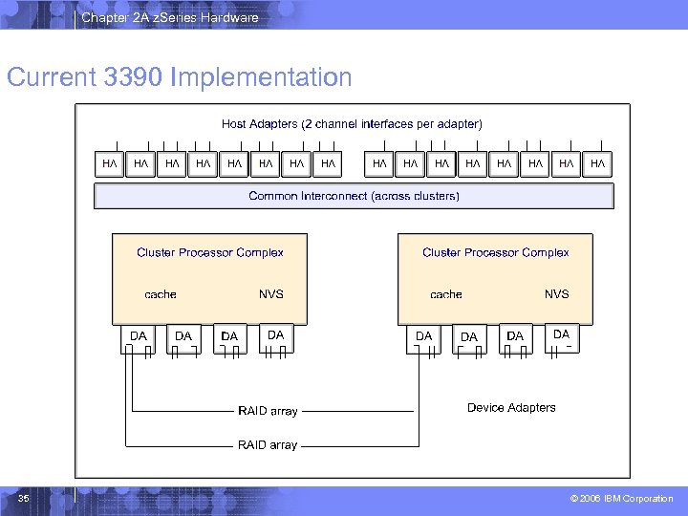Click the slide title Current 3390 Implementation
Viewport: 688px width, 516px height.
(180, 77)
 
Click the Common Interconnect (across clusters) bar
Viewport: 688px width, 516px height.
(354, 196)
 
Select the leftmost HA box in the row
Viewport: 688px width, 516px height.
(110, 164)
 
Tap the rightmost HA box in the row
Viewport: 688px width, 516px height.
(598, 164)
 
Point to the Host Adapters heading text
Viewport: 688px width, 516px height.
(352, 123)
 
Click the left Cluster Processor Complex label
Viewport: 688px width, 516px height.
(210, 252)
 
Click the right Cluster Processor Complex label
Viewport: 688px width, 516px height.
(495, 252)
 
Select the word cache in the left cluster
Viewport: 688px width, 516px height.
(161, 294)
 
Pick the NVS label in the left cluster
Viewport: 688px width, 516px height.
(271, 294)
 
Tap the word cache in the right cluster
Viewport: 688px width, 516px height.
(446, 294)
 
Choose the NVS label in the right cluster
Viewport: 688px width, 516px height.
(557, 294)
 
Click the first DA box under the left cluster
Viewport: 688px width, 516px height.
(139, 336)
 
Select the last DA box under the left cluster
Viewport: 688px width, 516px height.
(275, 335)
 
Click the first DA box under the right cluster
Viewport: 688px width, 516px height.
(423, 336)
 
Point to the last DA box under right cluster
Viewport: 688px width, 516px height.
(561, 334)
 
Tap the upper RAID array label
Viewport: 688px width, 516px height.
(268, 411)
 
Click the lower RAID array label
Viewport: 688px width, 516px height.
(268, 445)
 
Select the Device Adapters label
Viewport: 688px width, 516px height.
(511, 408)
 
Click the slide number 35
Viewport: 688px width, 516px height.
(24, 498)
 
